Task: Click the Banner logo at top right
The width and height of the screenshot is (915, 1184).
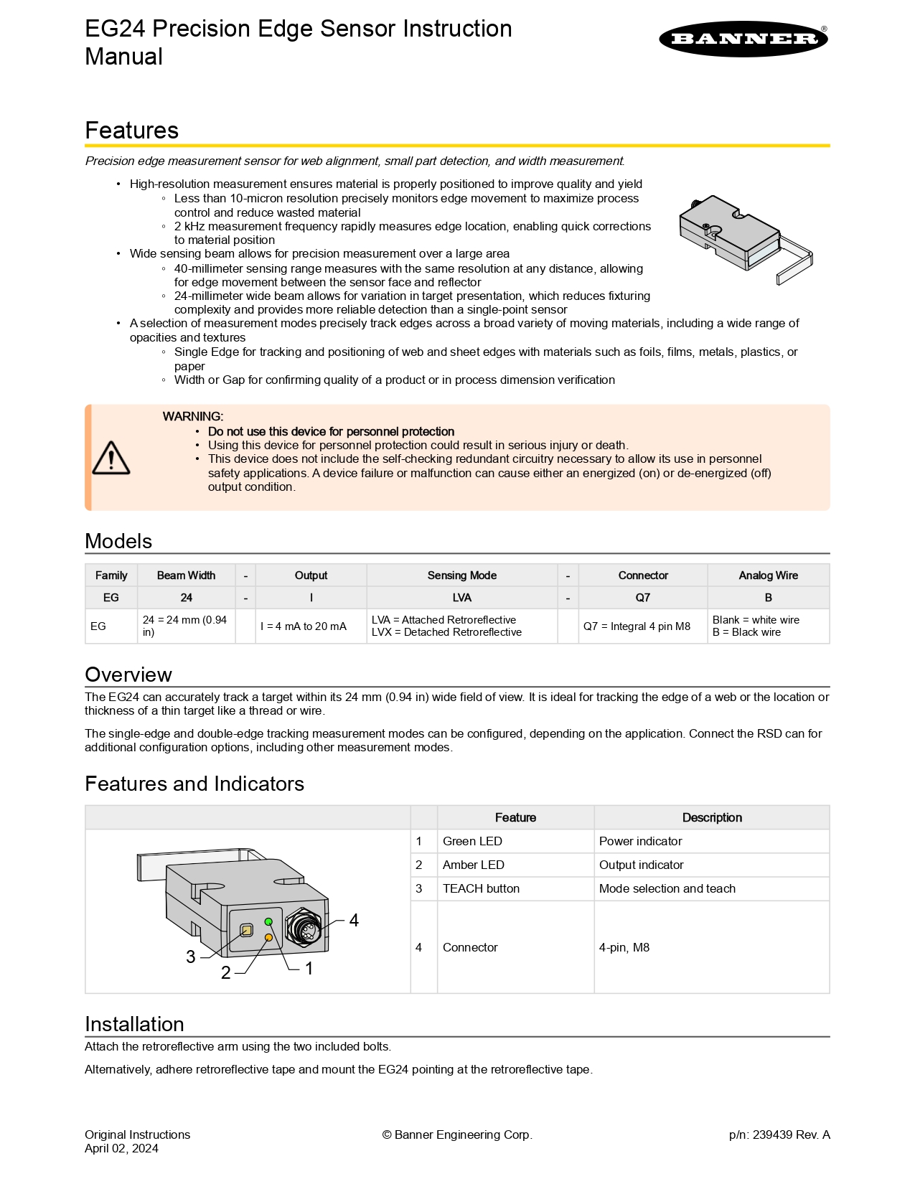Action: [743, 39]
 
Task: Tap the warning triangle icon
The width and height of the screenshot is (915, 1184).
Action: [111, 458]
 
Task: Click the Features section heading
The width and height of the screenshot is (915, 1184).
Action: [132, 131]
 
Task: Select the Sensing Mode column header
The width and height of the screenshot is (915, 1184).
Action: [461, 575]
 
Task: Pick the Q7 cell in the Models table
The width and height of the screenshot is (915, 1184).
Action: [642, 598]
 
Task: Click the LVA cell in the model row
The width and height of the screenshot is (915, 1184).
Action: [461, 598]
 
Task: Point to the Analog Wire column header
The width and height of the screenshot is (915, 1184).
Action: [768, 575]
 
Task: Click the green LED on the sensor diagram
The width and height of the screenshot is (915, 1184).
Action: [268, 921]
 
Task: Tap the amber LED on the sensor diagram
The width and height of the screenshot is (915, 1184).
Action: [269, 937]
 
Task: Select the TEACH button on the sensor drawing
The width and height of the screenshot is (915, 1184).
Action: [246, 931]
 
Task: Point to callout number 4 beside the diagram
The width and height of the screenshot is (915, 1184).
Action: [354, 921]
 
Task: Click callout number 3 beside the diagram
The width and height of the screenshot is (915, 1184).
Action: [191, 957]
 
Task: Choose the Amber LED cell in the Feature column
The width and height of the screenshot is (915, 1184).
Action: [474, 865]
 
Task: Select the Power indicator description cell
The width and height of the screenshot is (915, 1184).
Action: [640, 841]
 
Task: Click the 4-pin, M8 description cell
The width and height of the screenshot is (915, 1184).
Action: [624, 947]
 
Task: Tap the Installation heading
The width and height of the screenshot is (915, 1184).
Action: [134, 1024]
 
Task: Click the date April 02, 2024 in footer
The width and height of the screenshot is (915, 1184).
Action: [121, 1148]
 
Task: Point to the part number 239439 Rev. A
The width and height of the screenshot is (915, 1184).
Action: [779, 1134]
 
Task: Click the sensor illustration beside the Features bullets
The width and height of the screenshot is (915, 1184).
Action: [743, 238]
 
